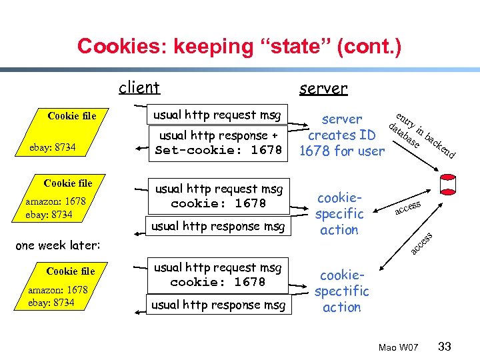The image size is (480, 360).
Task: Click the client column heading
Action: pos(139,87)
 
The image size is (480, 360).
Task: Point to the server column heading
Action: pos(323,88)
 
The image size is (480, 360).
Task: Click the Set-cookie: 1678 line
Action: pos(219,150)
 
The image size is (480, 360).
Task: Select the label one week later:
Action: pos(57,245)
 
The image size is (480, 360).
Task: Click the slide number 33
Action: pos(445,346)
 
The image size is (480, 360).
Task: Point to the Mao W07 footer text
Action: pos(398,347)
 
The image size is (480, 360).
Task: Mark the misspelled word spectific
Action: pos(341,291)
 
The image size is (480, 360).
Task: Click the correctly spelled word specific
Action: pos(339,214)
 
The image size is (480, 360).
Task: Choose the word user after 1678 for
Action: pos(371,151)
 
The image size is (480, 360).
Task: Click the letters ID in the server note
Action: pos(367,135)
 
